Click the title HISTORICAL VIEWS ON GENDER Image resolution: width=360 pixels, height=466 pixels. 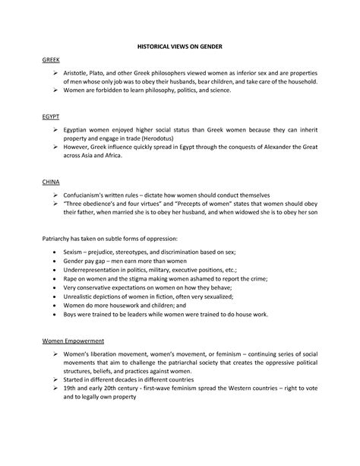(x=179, y=46)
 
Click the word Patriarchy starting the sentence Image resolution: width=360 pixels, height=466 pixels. (x=58, y=238)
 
